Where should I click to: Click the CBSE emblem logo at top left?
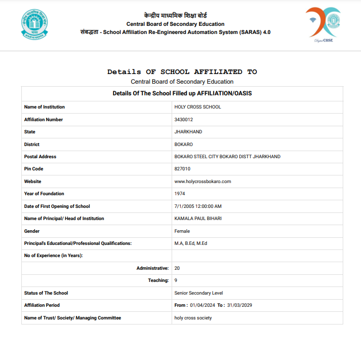(35, 24)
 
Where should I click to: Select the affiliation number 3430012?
(183, 120)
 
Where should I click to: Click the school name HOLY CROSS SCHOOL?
(198, 107)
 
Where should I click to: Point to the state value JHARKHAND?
(188, 132)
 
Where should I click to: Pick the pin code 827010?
(182, 169)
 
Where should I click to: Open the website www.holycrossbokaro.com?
(203, 182)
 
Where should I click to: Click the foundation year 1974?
(180, 194)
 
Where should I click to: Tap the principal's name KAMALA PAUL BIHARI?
(198, 219)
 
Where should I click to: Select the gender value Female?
(182, 231)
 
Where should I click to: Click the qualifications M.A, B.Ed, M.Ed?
(190, 243)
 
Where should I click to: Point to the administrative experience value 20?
(177, 268)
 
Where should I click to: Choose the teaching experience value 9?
(176, 280)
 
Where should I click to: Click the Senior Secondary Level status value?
(199, 293)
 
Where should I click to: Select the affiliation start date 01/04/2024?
(203, 305)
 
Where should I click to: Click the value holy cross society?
(193, 318)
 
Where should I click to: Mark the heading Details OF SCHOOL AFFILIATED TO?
(182, 72)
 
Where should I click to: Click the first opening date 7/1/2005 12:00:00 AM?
(198, 206)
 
